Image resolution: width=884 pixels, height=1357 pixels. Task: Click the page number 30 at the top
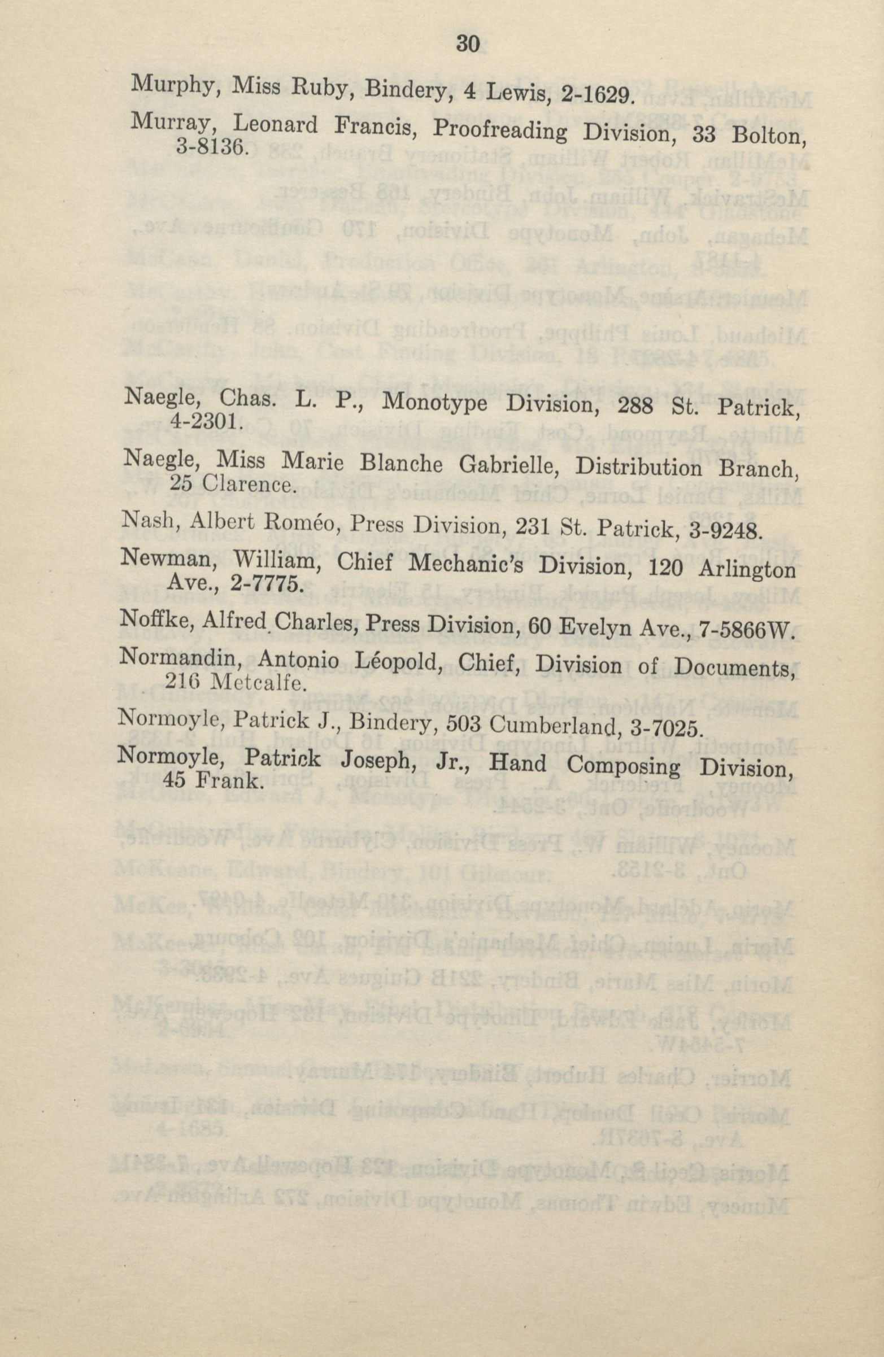pyautogui.click(x=469, y=44)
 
